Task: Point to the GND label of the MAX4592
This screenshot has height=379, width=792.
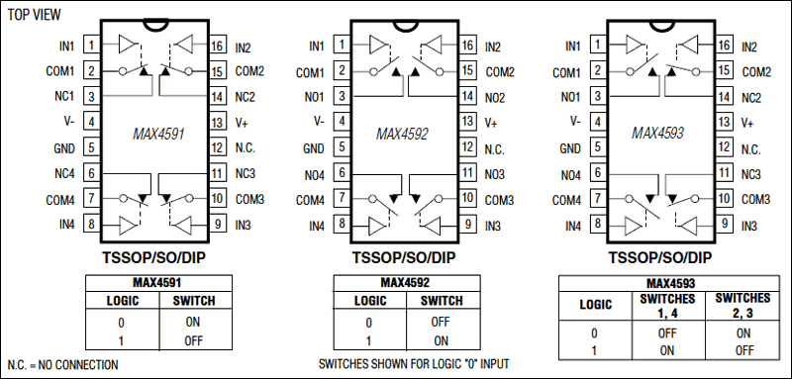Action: (314, 147)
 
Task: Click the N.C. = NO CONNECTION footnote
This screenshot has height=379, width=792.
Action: (61, 365)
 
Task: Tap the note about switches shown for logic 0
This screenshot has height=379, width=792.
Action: (414, 364)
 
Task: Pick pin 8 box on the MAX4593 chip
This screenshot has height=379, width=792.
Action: (601, 226)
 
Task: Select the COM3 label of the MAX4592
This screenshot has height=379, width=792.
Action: (499, 200)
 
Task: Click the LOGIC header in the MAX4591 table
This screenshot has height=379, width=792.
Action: (121, 301)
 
